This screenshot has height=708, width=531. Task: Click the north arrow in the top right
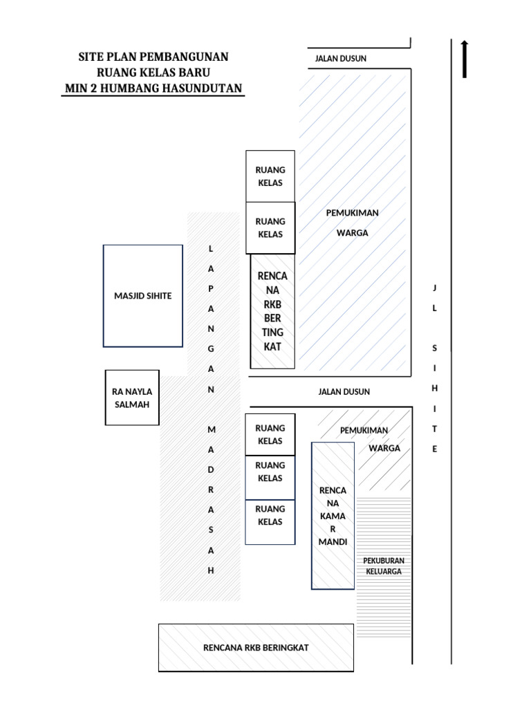click(465, 58)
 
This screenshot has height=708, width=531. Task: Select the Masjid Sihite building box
click(143, 295)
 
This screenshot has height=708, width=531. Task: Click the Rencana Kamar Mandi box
click(333, 516)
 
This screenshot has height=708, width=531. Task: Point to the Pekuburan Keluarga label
click(384, 566)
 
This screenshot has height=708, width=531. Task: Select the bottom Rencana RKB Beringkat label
click(256, 648)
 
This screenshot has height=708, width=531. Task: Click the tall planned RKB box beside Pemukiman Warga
click(272, 311)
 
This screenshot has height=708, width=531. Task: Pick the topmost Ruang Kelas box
click(270, 176)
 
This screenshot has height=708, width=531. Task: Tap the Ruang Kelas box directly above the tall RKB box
click(270, 228)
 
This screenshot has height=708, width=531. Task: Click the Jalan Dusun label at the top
click(340, 59)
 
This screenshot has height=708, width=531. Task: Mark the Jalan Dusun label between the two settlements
click(344, 392)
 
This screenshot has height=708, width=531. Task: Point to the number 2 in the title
click(91, 88)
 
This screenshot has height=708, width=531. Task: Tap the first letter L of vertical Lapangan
click(212, 248)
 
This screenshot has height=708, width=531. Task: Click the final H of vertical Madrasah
click(212, 570)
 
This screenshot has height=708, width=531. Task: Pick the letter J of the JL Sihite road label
click(435, 288)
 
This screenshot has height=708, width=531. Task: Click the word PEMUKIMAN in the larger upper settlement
click(352, 213)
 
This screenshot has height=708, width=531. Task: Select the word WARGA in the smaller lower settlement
click(384, 448)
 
